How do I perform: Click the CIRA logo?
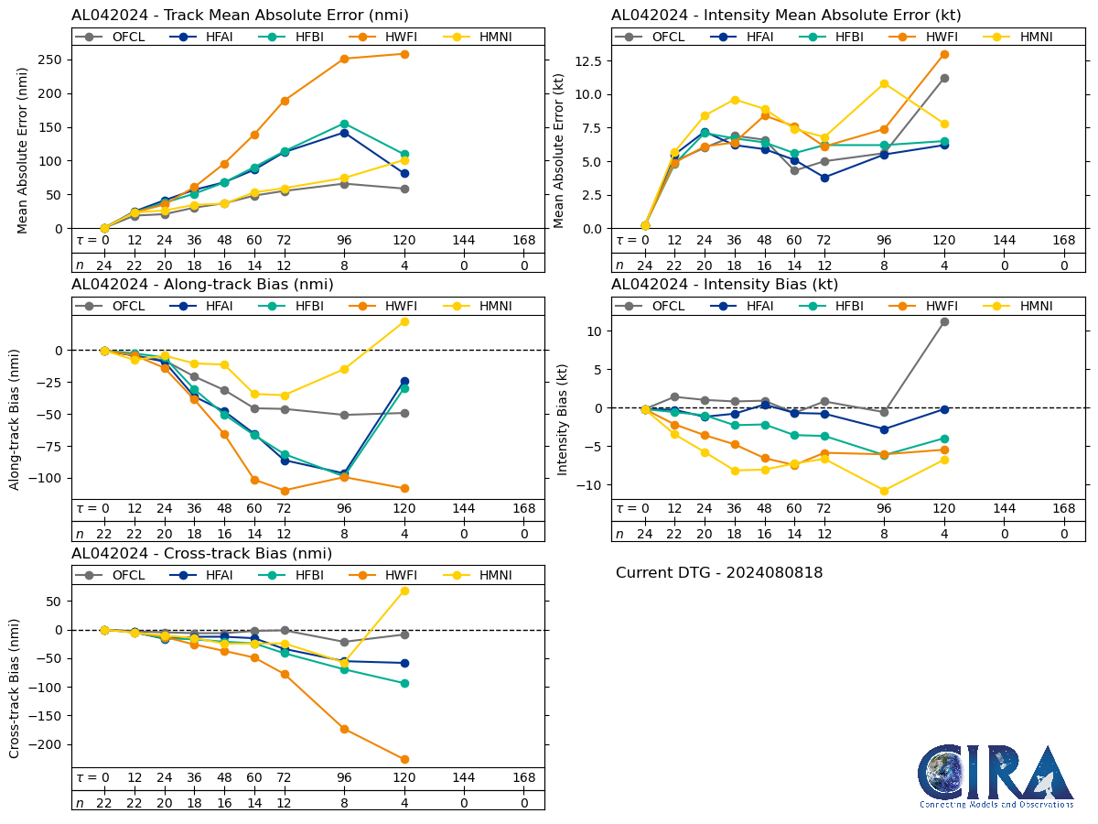(996, 776)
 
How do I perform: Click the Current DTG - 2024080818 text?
(719, 573)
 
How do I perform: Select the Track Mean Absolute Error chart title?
(240, 16)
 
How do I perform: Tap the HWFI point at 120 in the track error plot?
(404, 54)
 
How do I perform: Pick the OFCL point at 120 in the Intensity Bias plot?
(944, 321)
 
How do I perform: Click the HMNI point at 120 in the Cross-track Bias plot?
(404, 591)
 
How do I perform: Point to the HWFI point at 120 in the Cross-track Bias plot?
(404, 759)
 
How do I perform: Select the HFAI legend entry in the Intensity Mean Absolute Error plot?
(748, 37)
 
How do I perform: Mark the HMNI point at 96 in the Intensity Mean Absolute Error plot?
(884, 83)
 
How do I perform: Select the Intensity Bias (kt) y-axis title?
(563, 407)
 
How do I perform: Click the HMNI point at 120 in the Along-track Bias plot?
(404, 321)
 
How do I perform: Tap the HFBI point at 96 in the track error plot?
(344, 124)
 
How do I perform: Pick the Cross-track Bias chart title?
(201, 554)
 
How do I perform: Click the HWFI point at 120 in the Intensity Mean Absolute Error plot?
(944, 54)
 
